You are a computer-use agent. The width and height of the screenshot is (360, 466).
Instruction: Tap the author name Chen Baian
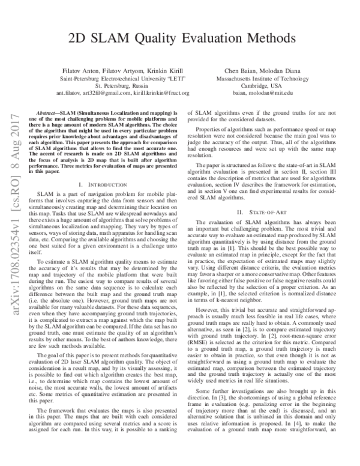[x=239, y=71]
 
